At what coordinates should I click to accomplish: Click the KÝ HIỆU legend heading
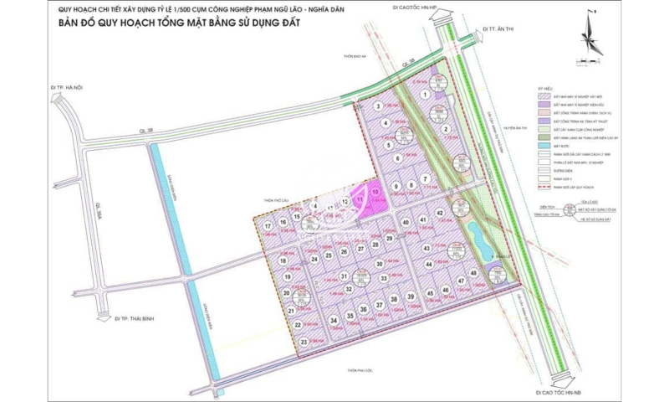click(544, 87)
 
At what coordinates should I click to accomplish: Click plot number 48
click(473, 274)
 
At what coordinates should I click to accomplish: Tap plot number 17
click(268, 226)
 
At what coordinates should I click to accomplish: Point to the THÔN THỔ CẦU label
click(278, 201)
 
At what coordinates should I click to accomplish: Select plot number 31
click(344, 276)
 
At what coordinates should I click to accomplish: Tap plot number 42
click(439, 214)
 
